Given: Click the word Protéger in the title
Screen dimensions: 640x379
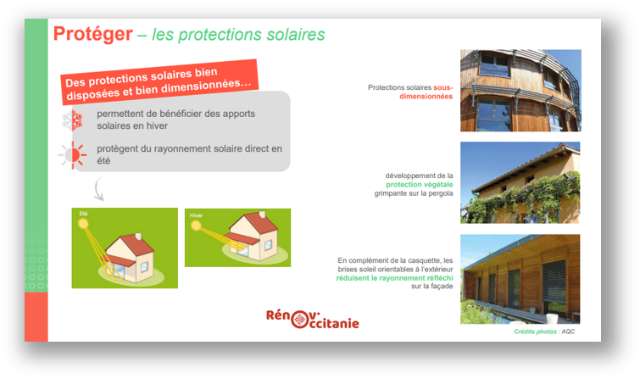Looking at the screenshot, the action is tap(93, 34).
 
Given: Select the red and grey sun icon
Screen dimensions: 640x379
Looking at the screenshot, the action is tap(73, 155).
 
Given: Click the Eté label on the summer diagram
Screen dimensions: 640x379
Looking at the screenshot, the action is tap(83, 214).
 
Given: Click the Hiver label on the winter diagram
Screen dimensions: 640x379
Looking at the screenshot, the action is tap(196, 215).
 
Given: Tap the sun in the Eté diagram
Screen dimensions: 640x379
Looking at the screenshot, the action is tap(83, 223).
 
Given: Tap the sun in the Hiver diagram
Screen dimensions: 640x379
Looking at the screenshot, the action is tap(196, 226).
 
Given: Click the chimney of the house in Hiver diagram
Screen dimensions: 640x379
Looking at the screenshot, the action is tap(262, 214).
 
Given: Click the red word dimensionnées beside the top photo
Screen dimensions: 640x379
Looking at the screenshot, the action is tap(426, 97).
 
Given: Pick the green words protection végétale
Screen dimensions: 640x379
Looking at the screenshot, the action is tap(420, 185).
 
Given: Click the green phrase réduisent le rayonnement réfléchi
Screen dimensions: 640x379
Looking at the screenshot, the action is tap(394, 278).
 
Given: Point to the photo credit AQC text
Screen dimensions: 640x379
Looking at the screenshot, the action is tap(568, 332).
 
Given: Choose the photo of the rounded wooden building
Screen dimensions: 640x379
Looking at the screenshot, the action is tap(520, 91).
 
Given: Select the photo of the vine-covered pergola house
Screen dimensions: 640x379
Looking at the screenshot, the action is tap(520, 182).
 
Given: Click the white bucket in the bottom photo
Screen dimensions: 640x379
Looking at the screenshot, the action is tap(552, 319).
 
